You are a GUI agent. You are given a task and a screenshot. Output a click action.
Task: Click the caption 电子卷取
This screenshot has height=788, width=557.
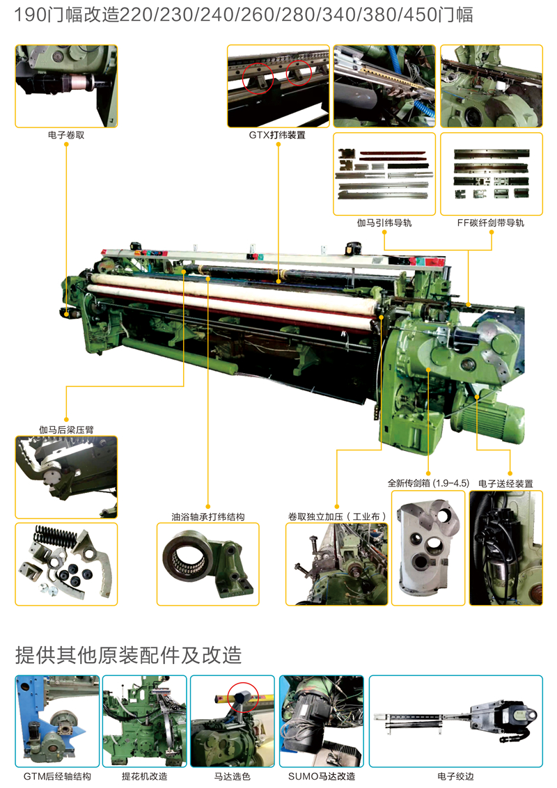click(66, 134)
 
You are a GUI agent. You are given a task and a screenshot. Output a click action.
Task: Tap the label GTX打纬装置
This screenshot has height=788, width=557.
click(277, 134)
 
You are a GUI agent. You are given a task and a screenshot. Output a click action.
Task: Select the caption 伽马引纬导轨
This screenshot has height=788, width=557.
click(384, 223)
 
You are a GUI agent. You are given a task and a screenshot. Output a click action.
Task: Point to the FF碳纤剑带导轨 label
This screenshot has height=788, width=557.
click(491, 223)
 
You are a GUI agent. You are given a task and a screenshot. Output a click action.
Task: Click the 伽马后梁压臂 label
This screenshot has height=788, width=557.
click(66, 430)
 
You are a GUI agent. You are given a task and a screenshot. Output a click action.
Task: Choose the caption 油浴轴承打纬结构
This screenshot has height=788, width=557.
click(207, 517)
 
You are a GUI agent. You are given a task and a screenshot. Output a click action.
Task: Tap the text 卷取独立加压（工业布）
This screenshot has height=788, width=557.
click(337, 517)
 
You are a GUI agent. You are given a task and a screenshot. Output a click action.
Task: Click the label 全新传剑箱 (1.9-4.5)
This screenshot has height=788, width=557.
click(428, 484)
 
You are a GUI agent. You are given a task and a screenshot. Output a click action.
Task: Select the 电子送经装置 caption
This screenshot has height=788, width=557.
click(505, 484)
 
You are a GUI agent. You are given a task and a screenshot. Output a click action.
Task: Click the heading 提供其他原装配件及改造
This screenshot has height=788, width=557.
click(129, 655)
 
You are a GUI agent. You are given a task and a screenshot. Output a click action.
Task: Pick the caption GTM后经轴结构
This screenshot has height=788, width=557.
click(57, 776)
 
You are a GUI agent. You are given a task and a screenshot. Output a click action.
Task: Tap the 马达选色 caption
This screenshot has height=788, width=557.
click(232, 776)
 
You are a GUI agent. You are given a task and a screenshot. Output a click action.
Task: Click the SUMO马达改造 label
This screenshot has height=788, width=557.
click(321, 776)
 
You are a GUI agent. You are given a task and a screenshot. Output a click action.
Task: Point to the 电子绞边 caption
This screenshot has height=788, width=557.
click(455, 776)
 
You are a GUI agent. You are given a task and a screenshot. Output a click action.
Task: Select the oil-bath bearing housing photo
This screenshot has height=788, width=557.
click(207, 565)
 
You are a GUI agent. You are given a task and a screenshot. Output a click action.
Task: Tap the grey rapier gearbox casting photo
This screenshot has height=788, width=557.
click(427, 549)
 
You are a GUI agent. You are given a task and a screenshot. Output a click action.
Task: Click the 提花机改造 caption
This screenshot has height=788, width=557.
click(144, 776)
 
